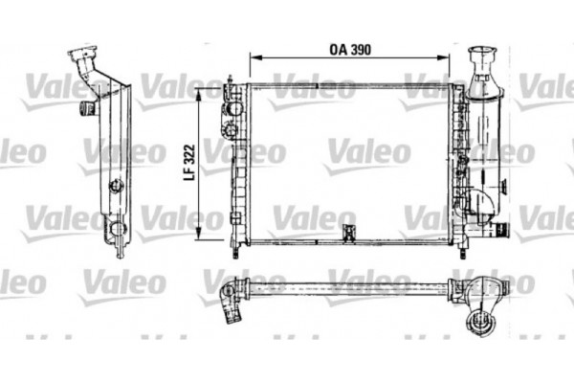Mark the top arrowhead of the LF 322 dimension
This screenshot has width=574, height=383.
point(199,89)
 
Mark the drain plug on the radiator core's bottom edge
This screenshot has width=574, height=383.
point(347,231)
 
